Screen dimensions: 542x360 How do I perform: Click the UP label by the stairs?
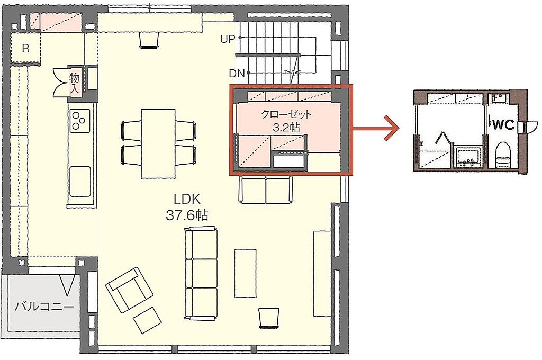228,39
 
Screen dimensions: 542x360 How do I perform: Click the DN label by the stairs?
237,73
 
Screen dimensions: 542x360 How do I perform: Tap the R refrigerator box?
25,48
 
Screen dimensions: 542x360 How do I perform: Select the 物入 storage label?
74,84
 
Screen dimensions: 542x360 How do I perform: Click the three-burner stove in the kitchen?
80,120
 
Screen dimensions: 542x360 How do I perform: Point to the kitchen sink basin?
80,181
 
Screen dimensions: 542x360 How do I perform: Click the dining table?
158,143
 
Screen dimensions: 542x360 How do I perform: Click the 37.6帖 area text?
187,215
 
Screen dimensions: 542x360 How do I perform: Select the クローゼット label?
286,114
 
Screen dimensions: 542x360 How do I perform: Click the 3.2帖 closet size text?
286,128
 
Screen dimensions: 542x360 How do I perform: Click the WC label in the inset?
503,125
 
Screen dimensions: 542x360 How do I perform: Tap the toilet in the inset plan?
503,155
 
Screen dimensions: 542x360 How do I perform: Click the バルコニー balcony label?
44,307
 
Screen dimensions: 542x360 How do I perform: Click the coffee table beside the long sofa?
245,273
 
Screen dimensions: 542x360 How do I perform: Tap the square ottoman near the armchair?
147,320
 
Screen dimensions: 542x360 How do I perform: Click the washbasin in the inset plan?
468,157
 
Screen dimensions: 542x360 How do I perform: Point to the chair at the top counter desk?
149,40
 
